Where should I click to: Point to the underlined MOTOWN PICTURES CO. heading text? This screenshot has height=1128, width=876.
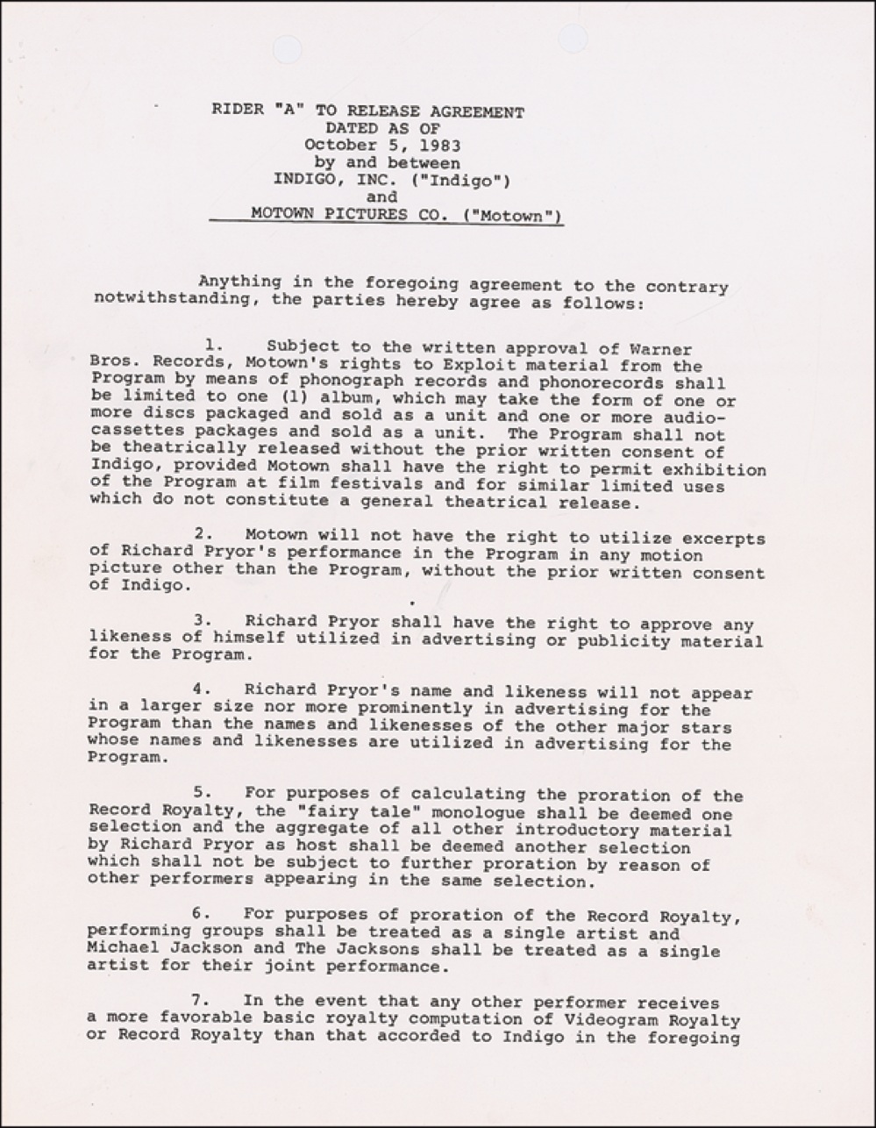pos(407,214)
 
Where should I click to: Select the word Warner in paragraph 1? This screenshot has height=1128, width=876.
pos(664,350)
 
